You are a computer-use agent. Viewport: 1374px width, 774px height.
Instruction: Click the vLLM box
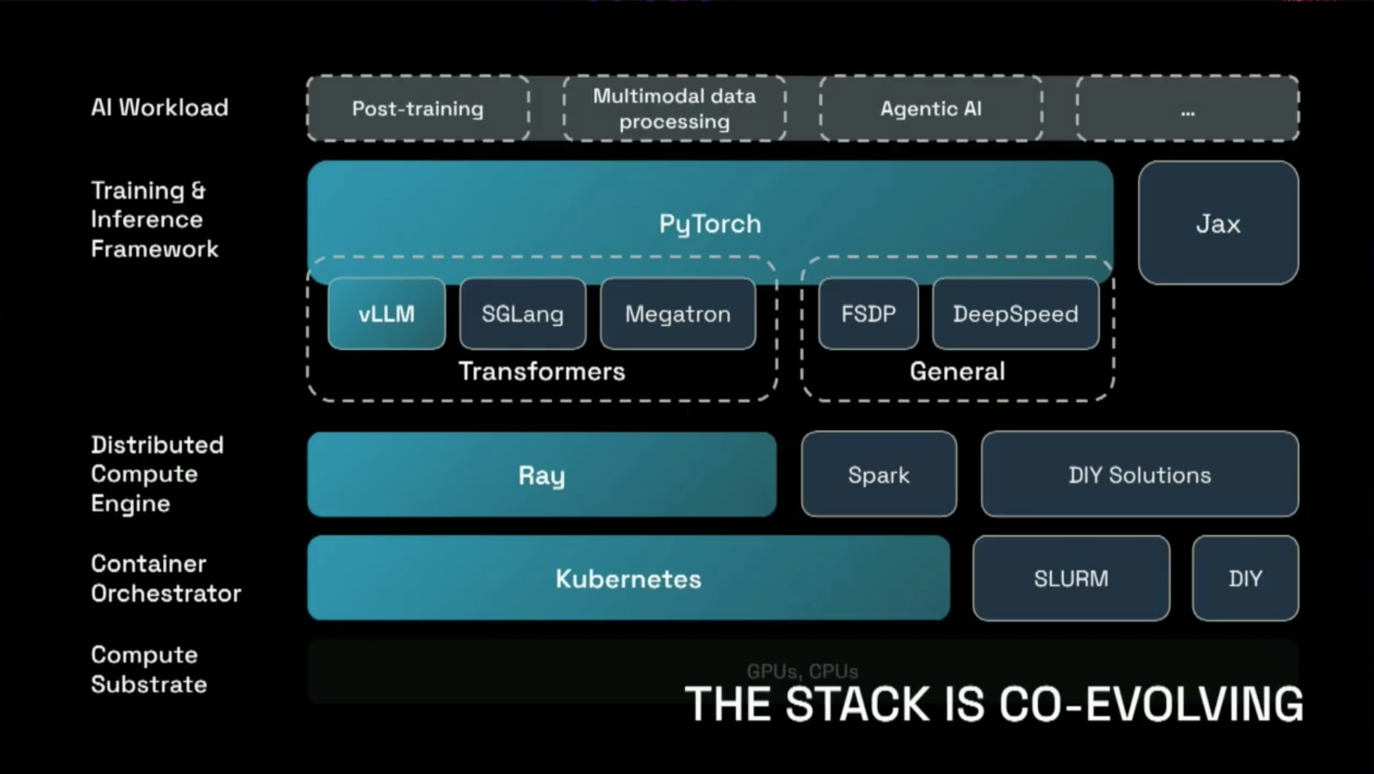(x=386, y=314)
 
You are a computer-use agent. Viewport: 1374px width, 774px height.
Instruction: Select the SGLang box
(x=523, y=314)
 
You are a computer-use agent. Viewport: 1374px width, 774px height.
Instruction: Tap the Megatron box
(x=678, y=314)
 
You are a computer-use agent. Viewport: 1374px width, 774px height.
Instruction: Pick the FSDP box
(x=868, y=314)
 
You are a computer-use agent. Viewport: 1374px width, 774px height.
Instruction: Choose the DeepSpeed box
(x=1015, y=314)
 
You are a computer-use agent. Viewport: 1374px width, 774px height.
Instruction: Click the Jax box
(x=1218, y=223)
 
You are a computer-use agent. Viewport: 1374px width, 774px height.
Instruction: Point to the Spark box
(x=878, y=475)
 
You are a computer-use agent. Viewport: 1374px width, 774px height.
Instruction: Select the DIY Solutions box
(x=1139, y=475)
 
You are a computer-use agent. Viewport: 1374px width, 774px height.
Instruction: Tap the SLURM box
(x=1071, y=579)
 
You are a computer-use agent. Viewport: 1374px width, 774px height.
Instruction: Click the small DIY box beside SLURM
(x=1245, y=579)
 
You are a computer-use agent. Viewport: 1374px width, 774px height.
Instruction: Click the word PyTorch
(x=710, y=224)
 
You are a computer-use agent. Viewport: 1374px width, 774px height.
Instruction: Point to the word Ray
(x=542, y=475)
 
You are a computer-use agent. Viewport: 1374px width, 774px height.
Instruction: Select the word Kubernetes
(x=628, y=579)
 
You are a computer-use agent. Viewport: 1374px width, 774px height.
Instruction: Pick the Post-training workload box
(x=418, y=109)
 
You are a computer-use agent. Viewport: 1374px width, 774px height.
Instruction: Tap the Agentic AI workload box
(x=931, y=109)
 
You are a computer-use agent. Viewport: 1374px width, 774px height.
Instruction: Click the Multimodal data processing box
(x=674, y=109)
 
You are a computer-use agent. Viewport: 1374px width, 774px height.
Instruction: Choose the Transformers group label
(x=542, y=371)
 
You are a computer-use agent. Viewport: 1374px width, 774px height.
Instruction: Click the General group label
(x=957, y=371)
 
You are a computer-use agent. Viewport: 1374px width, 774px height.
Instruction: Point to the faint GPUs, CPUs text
(x=802, y=671)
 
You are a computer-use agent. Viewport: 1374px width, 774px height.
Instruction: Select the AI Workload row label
(x=160, y=107)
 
